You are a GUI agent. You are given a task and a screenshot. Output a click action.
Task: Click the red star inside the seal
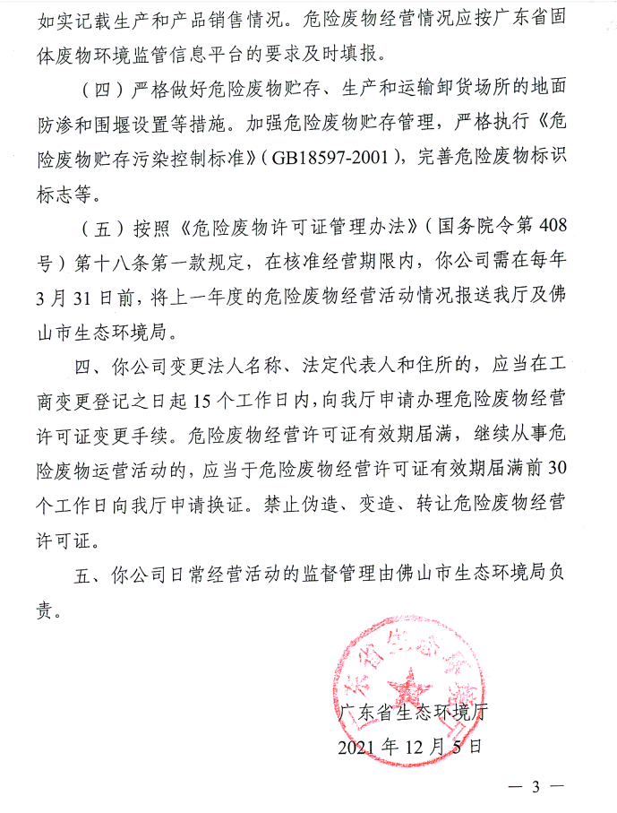coord(413,689)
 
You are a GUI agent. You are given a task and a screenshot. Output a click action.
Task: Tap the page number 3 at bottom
coord(536,790)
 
